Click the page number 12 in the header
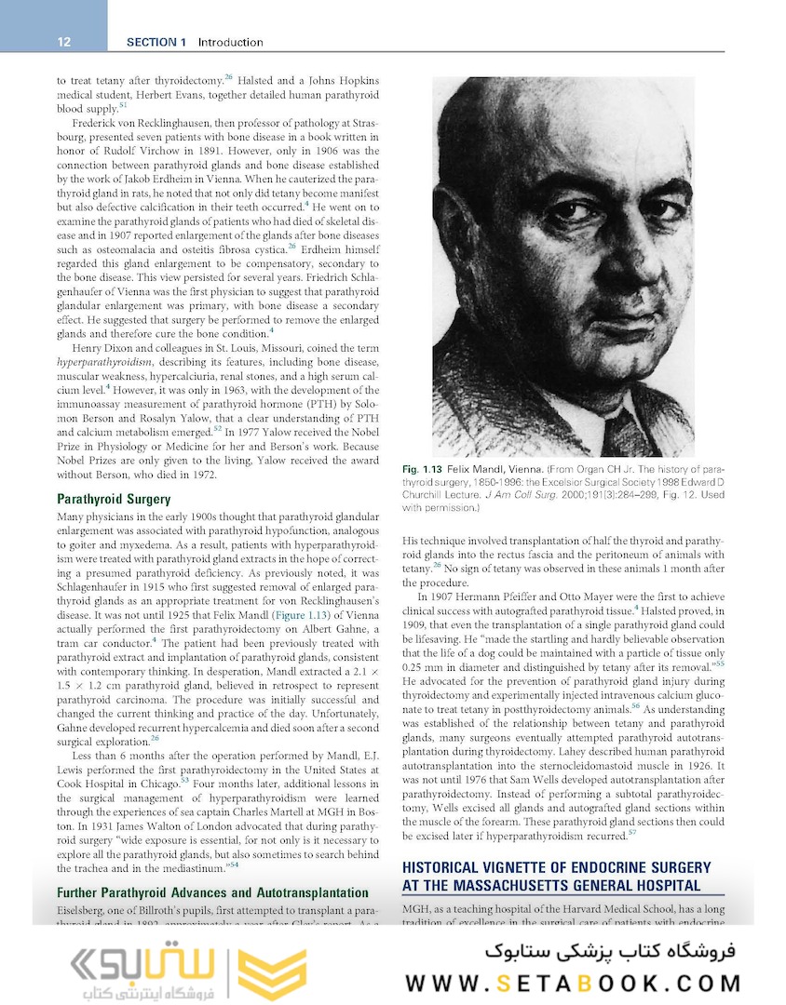coord(64,42)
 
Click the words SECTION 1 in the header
coord(157,42)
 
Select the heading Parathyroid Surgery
coord(114,500)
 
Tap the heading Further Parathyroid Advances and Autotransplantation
coord(213,892)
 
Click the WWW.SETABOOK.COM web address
coord(573,983)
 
